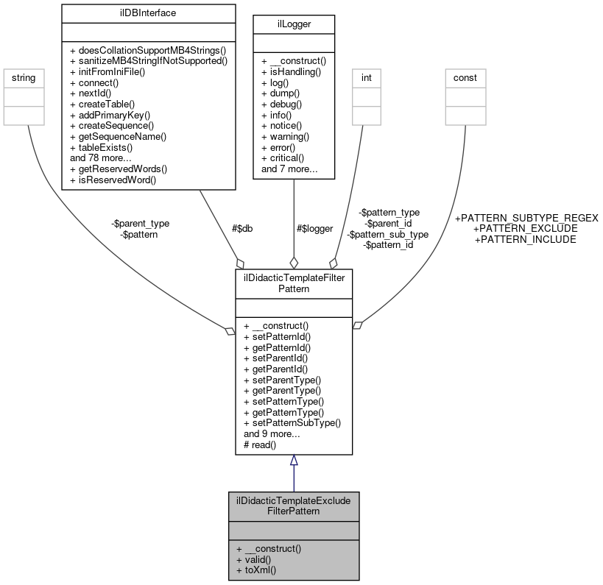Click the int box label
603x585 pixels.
pos(366,77)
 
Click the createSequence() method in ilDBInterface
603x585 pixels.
pos(113,126)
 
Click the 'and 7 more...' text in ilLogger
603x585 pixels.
pos(289,169)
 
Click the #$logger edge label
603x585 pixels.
pos(314,228)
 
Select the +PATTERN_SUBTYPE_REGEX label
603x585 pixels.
pos(526,218)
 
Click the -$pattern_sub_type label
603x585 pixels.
pos(388,234)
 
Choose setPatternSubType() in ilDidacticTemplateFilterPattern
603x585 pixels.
pos(292,423)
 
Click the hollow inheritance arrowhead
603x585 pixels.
pos(294,461)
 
